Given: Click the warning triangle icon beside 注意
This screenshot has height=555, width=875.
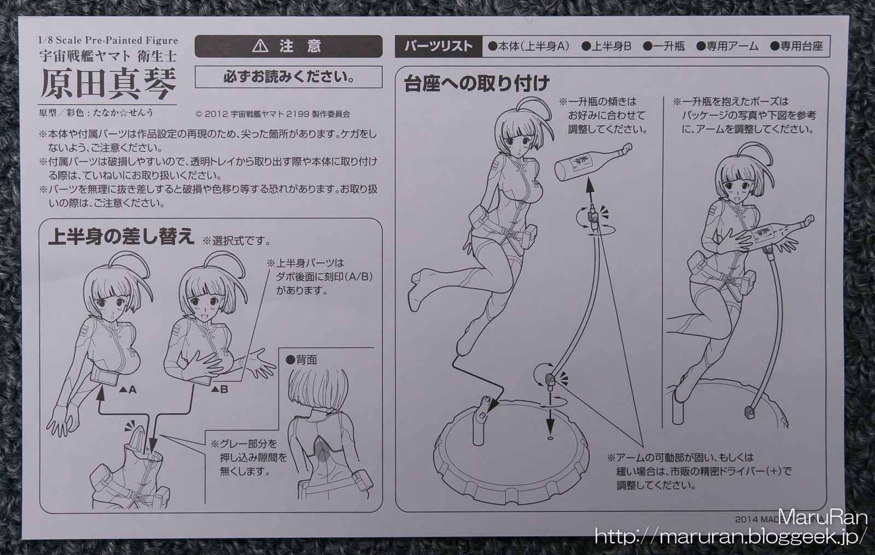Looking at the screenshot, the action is click(260, 46).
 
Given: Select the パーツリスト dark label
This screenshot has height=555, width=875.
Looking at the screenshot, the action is click(439, 46).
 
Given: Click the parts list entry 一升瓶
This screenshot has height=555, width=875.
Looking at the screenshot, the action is click(664, 46).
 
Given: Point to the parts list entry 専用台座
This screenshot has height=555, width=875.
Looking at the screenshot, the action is click(796, 46).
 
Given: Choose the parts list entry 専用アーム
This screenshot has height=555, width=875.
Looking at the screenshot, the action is click(727, 46).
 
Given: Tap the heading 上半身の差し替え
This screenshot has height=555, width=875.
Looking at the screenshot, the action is click(121, 237).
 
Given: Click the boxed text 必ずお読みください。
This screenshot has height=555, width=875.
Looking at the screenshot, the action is click(289, 77).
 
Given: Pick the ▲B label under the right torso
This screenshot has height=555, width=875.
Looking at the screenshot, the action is click(219, 389).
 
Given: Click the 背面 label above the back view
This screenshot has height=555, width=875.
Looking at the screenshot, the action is click(301, 360).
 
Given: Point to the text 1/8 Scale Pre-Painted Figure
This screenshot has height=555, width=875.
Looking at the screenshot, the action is click(108, 40).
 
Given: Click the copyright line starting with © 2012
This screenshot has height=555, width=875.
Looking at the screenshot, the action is click(272, 114).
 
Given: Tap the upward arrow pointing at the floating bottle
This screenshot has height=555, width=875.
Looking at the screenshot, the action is click(588, 194).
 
